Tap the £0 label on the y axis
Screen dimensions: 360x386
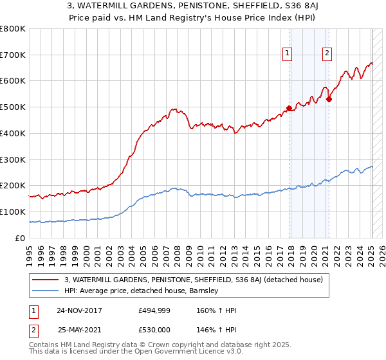[x=21, y=238]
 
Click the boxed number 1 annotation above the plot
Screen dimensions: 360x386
[x=286, y=54]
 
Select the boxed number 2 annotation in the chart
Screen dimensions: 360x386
[x=327, y=54]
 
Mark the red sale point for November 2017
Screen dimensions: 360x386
[x=289, y=108]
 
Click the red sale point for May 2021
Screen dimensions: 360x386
[x=328, y=99]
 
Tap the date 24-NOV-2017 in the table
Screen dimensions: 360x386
[x=79, y=310]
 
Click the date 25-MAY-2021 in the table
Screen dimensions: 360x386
[x=79, y=330]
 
